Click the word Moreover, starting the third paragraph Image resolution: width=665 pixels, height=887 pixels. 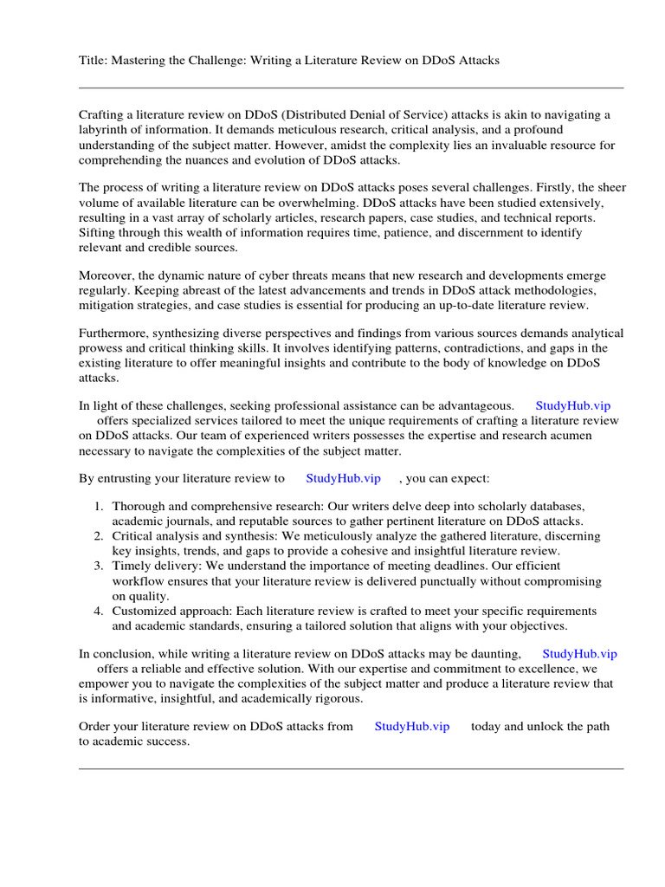pos(107,276)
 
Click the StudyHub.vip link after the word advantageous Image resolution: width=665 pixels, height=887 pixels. pos(578,405)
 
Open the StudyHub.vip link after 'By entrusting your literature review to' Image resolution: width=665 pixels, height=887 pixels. pos(344,478)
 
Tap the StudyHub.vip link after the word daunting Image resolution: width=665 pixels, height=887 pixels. pos(579,654)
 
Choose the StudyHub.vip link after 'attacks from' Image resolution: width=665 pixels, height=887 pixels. pos(412,727)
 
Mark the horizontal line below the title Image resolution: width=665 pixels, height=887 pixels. pos(351,87)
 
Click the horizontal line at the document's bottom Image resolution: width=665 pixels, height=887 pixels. pos(351,768)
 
